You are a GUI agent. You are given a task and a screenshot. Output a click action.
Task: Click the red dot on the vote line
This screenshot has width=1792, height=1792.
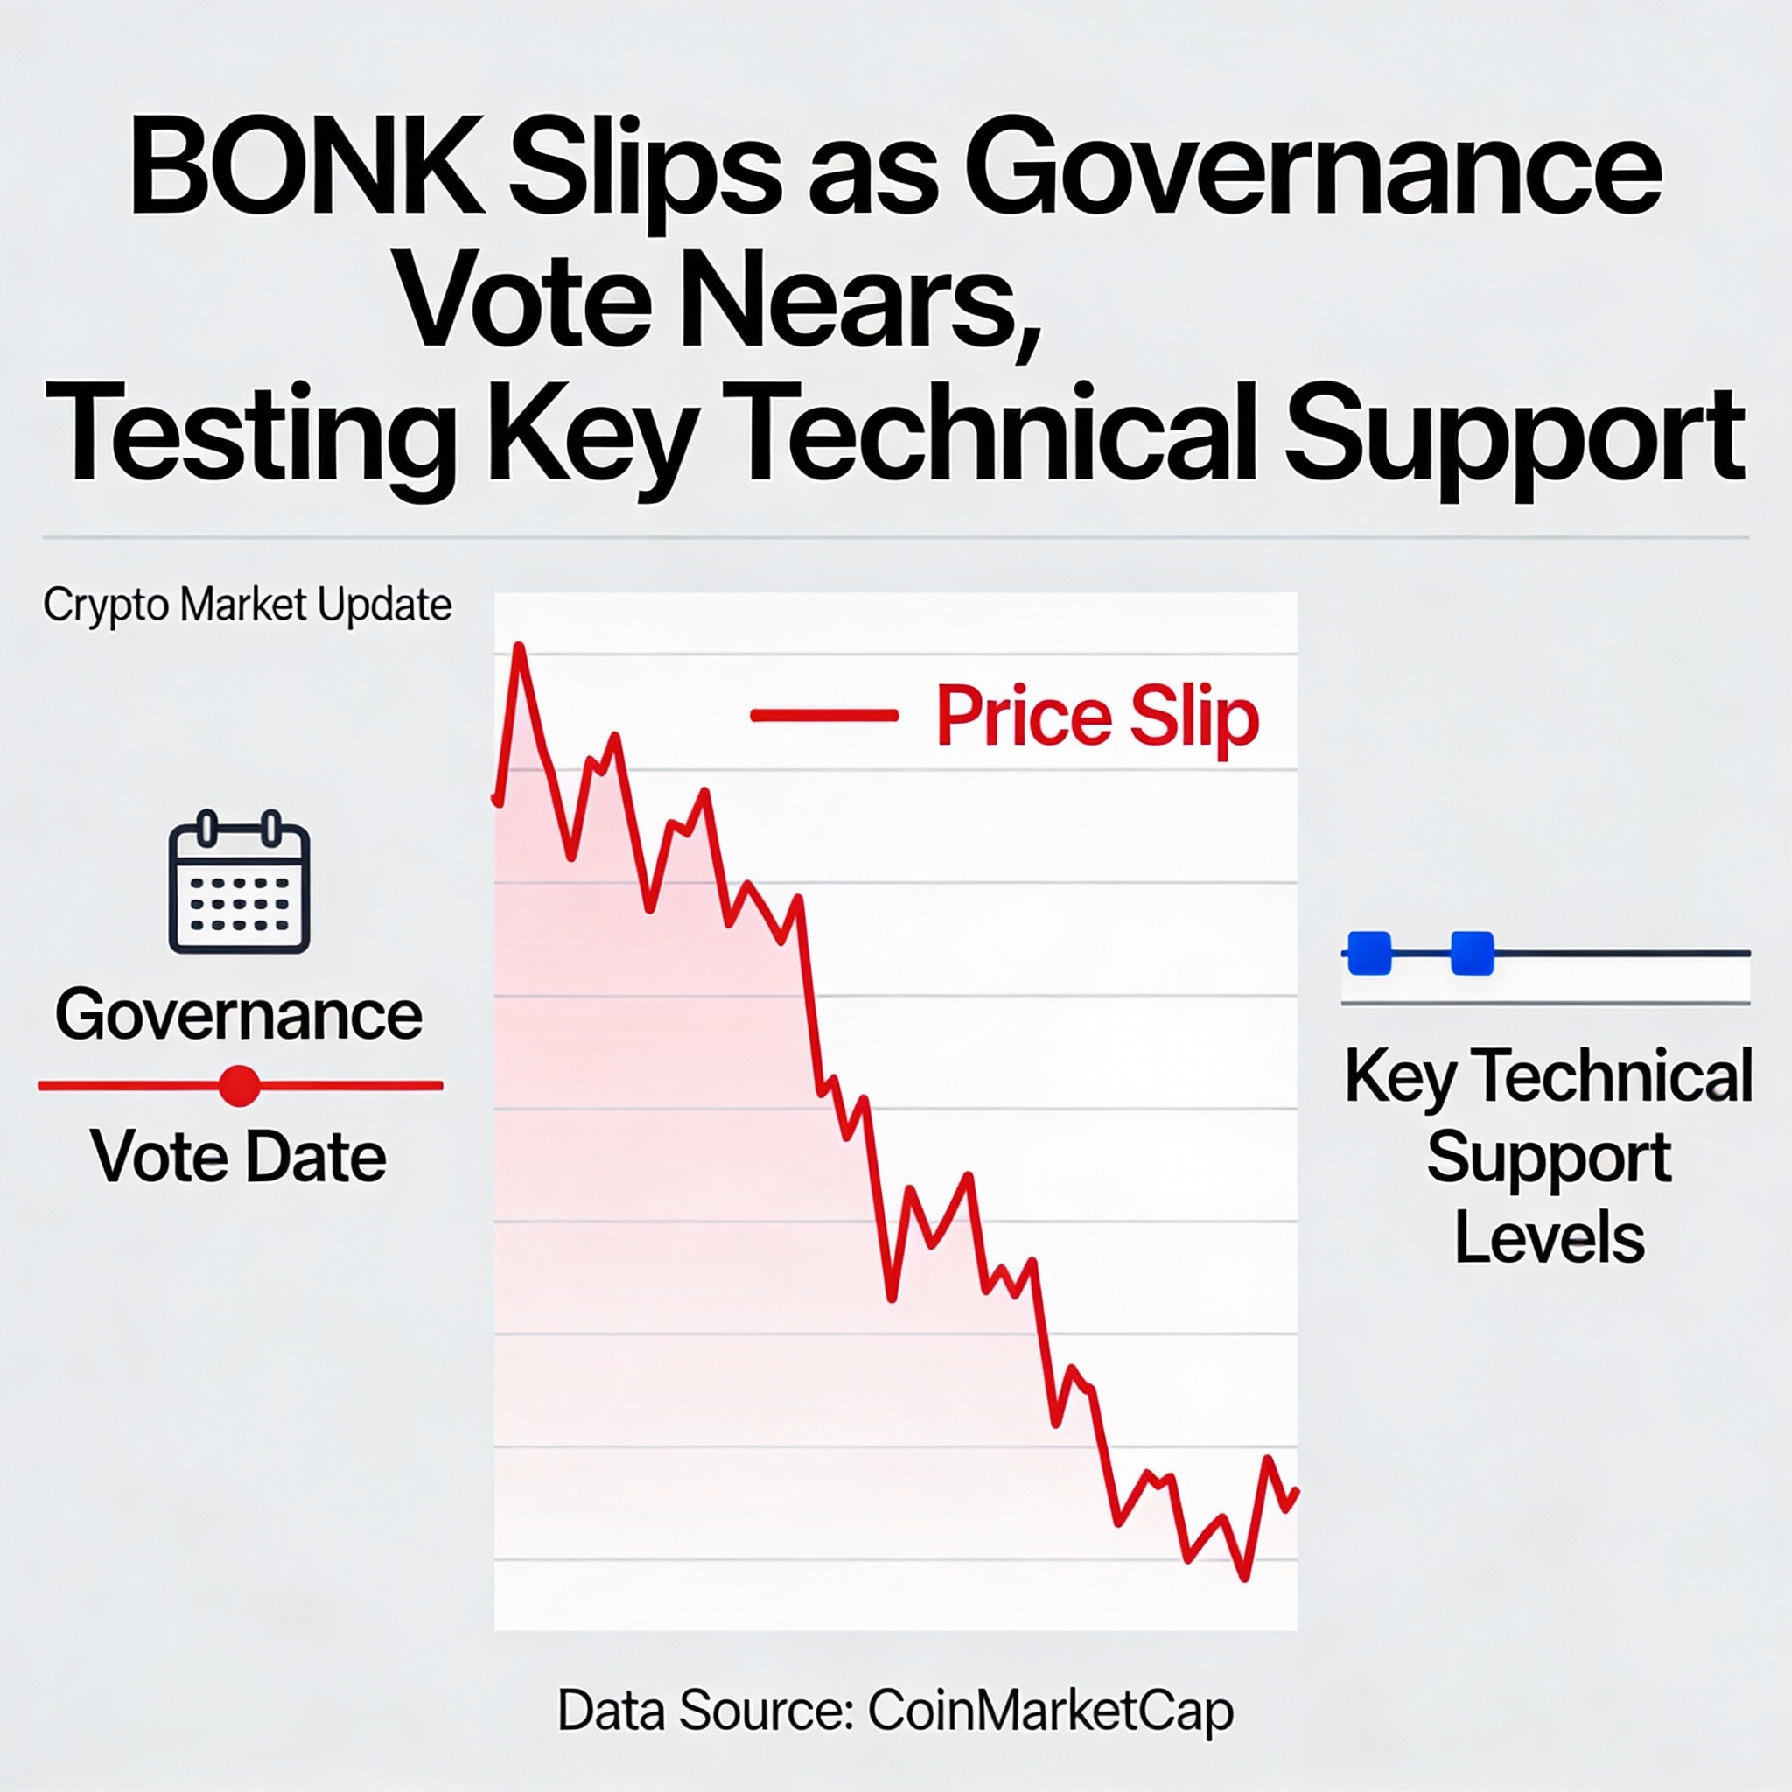(x=239, y=1084)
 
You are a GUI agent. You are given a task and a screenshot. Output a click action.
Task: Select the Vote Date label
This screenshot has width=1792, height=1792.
(x=238, y=1157)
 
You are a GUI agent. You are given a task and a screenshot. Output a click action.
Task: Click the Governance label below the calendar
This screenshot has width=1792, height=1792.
(x=239, y=1015)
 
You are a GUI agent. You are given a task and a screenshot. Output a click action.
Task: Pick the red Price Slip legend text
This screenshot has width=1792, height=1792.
(x=1098, y=716)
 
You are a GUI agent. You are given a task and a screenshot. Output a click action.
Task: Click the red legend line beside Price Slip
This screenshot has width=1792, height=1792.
(x=823, y=715)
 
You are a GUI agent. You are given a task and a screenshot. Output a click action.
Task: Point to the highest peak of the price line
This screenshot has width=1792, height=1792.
(x=520, y=646)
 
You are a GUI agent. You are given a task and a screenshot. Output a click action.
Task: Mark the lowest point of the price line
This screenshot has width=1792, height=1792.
(x=1245, y=1577)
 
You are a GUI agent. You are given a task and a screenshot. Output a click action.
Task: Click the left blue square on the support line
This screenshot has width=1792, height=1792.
(x=1369, y=955)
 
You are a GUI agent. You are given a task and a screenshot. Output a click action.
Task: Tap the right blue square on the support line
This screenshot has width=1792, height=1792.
(x=1471, y=955)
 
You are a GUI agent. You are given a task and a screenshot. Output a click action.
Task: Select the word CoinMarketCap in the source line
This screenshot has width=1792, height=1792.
(x=1052, y=1711)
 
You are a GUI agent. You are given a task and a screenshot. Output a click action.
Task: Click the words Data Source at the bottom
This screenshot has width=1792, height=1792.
(x=706, y=1711)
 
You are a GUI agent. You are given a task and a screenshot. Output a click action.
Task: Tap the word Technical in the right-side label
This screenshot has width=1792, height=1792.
(x=1611, y=1076)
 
